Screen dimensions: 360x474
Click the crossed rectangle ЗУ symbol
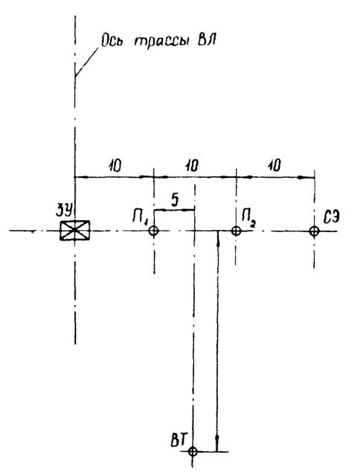point(74,231)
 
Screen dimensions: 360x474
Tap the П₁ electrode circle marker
point(154,231)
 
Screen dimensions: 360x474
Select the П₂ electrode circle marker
point(236,231)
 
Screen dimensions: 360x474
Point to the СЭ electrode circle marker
point(314,231)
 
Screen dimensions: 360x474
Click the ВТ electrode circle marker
point(193,452)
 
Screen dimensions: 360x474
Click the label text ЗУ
point(63,211)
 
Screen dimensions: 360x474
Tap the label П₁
point(140,217)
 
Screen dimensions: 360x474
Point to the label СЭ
point(331,217)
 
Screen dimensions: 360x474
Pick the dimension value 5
point(175,200)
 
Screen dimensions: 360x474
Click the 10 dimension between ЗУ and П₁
point(114,166)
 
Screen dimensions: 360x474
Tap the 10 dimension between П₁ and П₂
point(192,166)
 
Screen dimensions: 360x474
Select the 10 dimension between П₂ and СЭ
point(274,166)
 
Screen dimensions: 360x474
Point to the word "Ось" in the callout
point(112,40)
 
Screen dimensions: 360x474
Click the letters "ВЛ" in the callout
point(207,40)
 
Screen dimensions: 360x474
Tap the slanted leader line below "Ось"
point(87,62)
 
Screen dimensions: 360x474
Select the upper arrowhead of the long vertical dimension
point(218,240)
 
